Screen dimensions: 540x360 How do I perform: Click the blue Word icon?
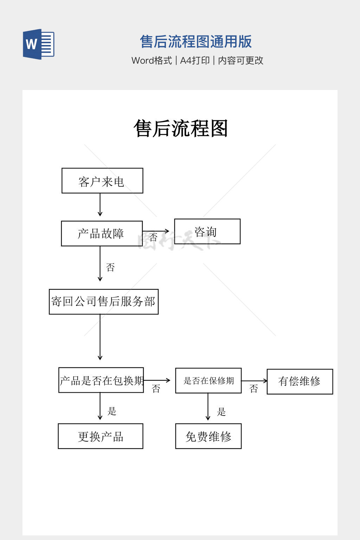tap(38, 44)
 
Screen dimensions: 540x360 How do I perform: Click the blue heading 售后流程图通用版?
tap(196, 41)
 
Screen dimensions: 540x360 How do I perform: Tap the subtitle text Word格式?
tap(152, 60)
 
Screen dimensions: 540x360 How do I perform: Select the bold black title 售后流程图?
tap(181, 128)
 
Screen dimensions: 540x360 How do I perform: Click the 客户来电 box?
tap(102, 181)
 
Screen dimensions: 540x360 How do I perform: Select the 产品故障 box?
tap(102, 233)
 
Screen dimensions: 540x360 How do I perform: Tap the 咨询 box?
tap(207, 231)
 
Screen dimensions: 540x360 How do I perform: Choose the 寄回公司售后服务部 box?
tap(104, 302)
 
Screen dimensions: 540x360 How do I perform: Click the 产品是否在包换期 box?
tap(101, 380)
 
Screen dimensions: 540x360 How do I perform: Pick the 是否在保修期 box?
tap(208, 380)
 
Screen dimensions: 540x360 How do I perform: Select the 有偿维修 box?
tap(300, 381)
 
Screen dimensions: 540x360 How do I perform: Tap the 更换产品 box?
tap(101, 436)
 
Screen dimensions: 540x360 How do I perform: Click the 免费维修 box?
tap(208, 436)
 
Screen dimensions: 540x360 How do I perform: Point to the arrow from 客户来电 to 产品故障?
tap(100, 205)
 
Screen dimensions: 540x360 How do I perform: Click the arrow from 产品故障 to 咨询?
tap(156, 231)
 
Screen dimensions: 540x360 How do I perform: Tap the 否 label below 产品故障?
tap(110, 268)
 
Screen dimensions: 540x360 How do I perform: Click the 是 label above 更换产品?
tap(112, 411)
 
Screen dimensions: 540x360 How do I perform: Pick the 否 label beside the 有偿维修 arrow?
tap(254, 388)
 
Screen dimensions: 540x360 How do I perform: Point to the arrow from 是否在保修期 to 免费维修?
tap(208, 406)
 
